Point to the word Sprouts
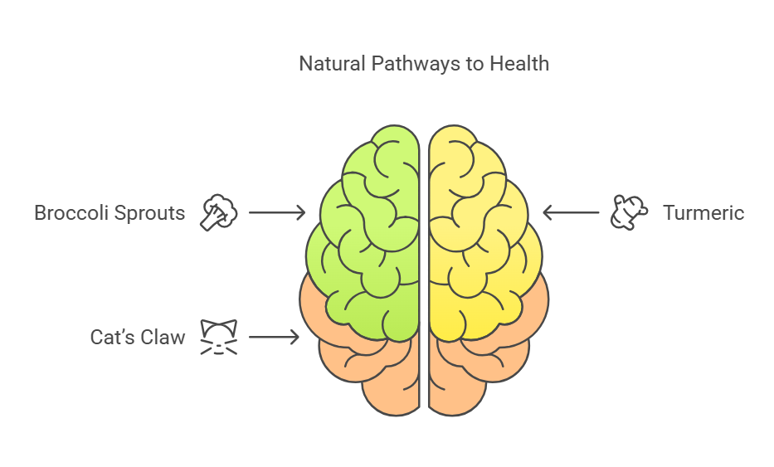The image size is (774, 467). (x=148, y=213)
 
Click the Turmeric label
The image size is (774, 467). (x=703, y=213)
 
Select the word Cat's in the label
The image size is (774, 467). (x=113, y=338)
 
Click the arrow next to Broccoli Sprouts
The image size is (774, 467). (x=277, y=213)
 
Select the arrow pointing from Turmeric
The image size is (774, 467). (x=571, y=213)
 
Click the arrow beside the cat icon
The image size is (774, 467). (x=274, y=338)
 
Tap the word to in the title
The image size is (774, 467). (x=475, y=64)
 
